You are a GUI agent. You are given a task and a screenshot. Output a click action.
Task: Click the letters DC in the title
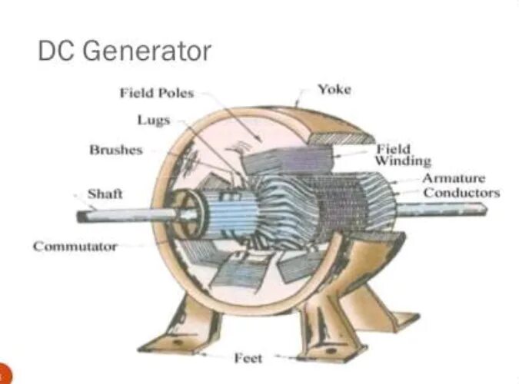click(x=55, y=51)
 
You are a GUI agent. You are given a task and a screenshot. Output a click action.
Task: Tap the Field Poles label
click(x=156, y=93)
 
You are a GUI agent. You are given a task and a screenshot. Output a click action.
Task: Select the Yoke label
click(x=334, y=89)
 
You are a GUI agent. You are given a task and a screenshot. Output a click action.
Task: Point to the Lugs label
click(x=153, y=120)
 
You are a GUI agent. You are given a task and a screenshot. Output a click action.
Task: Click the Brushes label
click(x=115, y=150)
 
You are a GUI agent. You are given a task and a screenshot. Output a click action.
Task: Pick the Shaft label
click(x=105, y=194)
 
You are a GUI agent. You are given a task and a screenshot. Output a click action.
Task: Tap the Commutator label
click(x=75, y=247)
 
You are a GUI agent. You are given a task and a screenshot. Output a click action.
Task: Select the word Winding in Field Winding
click(x=402, y=161)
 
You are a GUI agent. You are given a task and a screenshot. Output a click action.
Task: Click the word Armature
click(x=454, y=178)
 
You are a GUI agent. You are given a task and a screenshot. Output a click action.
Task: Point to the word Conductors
click(x=461, y=192)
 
